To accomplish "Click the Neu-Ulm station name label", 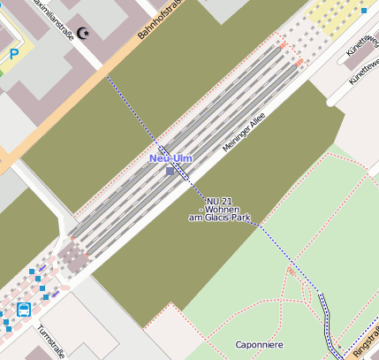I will click(171, 158).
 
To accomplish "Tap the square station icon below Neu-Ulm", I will click(171, 171).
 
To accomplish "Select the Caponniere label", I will click(259, 344).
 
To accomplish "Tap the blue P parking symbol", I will click(14, 54).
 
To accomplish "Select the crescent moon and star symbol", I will click(85, 34).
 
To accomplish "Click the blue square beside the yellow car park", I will click(364, 11).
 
